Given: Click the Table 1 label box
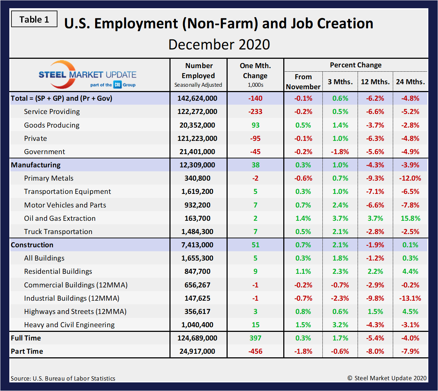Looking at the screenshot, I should click(34, 19).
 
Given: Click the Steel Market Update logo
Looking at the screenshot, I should click(87, 75).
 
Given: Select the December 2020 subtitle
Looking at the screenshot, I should click(219, 45).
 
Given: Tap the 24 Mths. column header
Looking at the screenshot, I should click(410, 82).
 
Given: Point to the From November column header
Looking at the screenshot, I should click(303, 82).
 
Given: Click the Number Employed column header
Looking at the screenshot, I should click(198, 75).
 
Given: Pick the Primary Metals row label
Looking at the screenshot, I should click(48, 178).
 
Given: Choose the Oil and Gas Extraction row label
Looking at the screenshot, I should click(60, 218).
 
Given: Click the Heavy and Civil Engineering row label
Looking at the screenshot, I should click(69, 325).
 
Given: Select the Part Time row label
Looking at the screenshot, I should click(27, 352).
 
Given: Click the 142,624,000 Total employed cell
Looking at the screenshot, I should click(197, 99).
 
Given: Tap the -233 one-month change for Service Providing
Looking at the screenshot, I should click(255, 112).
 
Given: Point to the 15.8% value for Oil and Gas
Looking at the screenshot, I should click(410, 218).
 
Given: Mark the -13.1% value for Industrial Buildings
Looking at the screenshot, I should click(410, 298).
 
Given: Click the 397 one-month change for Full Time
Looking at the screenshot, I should click(255, 338).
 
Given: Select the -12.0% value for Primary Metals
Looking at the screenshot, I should click(410, 178).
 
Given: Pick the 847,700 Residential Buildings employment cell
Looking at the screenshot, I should click(197, 272).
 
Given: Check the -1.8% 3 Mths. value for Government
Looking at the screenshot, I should click(340, 152).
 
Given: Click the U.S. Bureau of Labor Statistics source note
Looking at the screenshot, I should click(63, 378).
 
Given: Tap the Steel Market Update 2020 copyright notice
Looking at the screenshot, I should click(387, 378).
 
